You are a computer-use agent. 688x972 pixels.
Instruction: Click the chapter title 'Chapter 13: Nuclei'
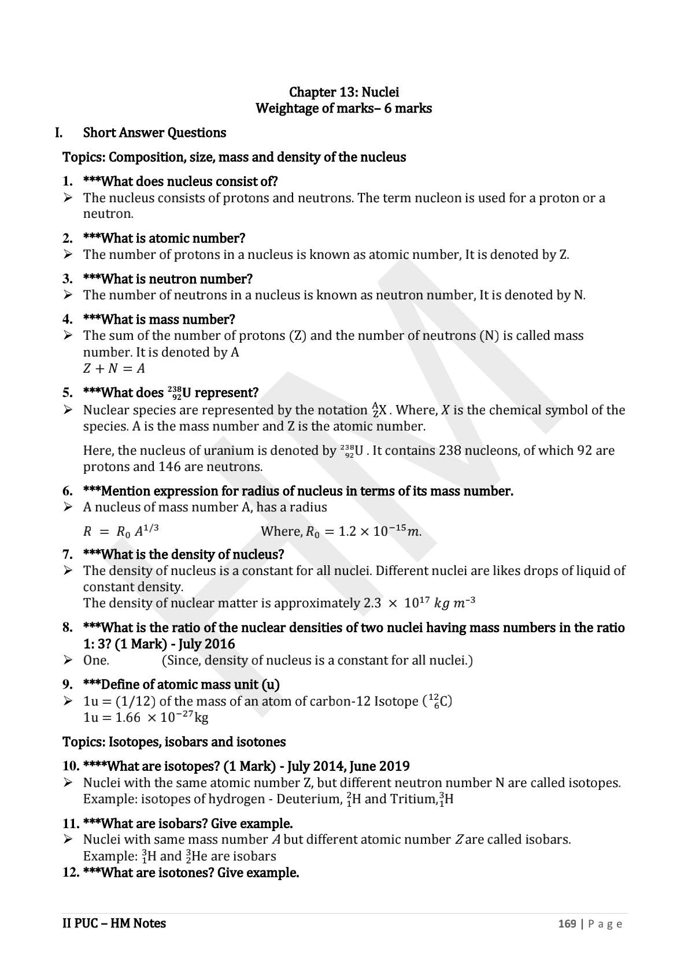[x=343, y=92]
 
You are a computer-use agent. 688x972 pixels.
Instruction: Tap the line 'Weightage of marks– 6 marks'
[x=343, y=108]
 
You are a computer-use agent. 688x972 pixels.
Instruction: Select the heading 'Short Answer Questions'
[x=154, y=133]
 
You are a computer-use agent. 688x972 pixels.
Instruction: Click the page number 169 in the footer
[x=567, y=923]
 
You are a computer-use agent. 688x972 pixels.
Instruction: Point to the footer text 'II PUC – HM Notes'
[x=114, y=923]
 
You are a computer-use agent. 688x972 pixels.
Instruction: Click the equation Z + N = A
[x=114, y=368]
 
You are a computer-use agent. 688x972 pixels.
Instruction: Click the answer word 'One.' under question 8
[x=96, y=661]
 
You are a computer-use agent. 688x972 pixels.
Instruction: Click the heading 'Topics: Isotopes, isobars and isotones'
[x=174, y=742]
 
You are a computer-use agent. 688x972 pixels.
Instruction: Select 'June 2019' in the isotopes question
[x=380, y=766]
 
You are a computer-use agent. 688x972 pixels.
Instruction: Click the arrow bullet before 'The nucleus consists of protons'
[x=68, y=198]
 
